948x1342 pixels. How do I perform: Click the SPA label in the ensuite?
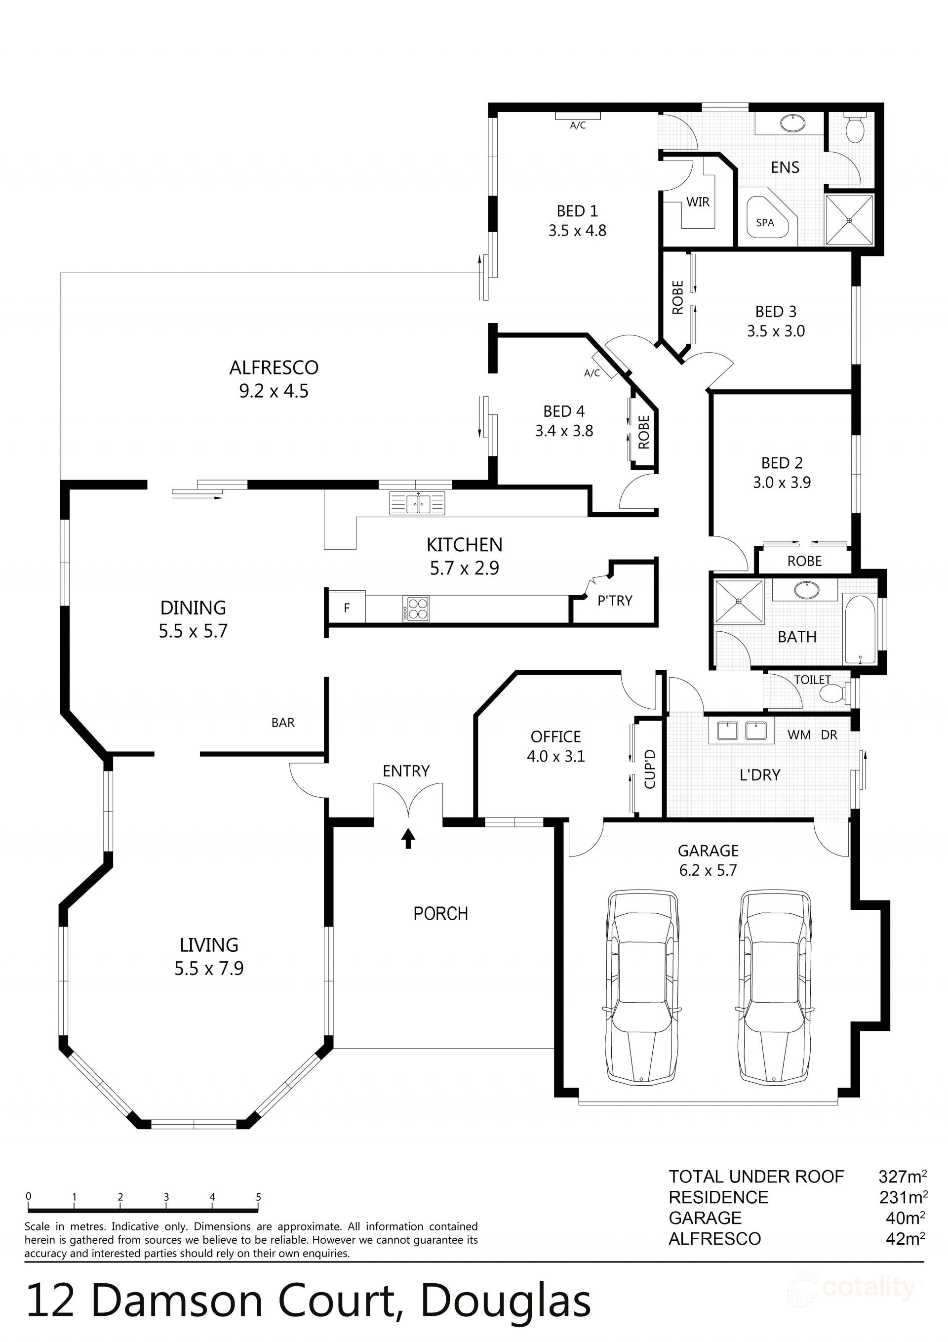(764, 223)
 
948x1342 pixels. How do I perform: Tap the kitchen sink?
(417, 503)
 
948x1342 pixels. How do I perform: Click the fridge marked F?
(347, 608)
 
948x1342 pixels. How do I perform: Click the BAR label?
(283, 723)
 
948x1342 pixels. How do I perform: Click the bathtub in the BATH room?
(859, 629)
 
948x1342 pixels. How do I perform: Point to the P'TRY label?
(614, 600)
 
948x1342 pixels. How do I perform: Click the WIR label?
(698, 202)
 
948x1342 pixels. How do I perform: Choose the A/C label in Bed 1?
(578, 125)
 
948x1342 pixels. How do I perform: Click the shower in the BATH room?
(739, 602)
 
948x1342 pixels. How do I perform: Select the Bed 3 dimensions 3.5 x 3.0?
(776, 331)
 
